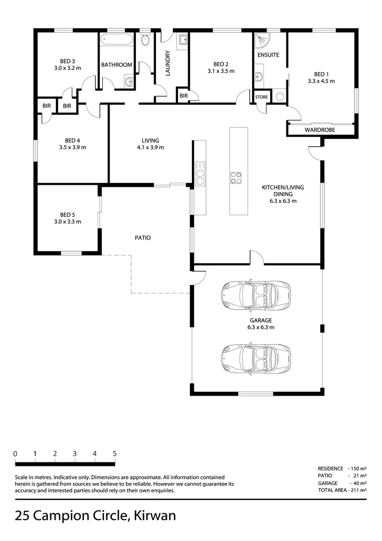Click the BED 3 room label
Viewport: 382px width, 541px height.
click(x=67, y=60)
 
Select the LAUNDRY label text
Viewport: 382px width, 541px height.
click(x=168, y=64)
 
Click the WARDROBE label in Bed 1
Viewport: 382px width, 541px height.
click(x=320, y=130)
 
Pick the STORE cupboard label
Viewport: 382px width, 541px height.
click(x=261, y=97)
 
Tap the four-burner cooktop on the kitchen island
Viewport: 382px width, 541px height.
click(x=236, y=178)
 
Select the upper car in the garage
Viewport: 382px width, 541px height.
click(x=255, y=294)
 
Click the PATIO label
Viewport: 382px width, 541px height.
click(x=142, y=238)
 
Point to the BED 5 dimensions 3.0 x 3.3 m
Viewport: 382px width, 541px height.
click(x=67, y=221)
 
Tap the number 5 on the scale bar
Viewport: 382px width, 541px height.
click(x=114, y=454)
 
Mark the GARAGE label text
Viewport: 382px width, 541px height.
click(x=260, y=320)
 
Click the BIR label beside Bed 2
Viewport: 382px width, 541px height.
click(x=183, y=95)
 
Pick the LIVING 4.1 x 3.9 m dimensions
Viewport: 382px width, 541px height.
click(x=150, y=147)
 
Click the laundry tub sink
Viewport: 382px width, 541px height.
click(x=182, y=39)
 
